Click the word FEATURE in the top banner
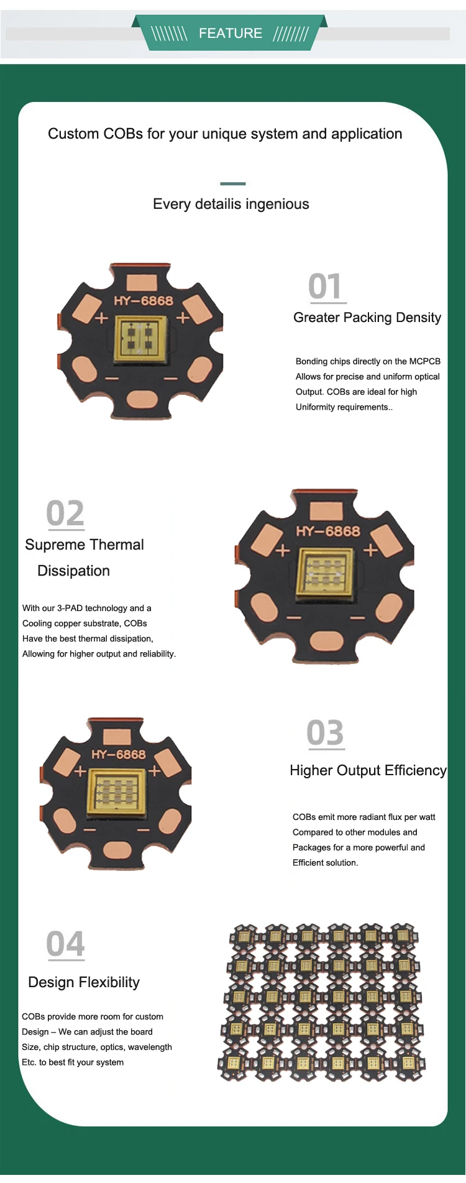[x=230, y=34]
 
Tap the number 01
[x=325, y=287]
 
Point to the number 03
[x=325, y=733]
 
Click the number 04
[x=65, y=944]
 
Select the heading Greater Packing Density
[x=367, y=318]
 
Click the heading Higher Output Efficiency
[x=368, y=771]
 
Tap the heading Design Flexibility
[x=84, y=982]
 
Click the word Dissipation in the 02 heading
[x=73, y=571]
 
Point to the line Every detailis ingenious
[x=231, y=204]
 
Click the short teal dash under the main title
[x=233, y=183]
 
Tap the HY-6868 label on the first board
[x=143, y=301]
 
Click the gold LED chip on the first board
[x=141, y=339]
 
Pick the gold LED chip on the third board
[x=117, y=793]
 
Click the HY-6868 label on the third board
[x=118, y=755]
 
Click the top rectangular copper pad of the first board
[x=142, y=282]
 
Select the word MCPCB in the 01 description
[x=425, y=361]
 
